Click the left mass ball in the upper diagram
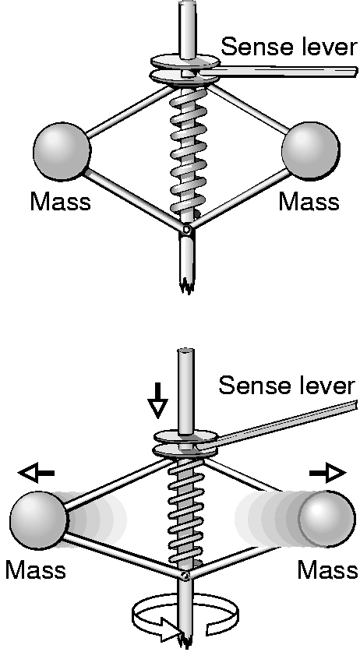coord(62,152)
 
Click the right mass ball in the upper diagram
coord(311,151)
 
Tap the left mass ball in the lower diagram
coord(38,520)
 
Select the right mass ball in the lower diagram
coord(327,519)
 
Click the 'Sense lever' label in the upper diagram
coord(289,46)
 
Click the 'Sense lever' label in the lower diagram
coord(287,385)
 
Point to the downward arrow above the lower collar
coord(157,400)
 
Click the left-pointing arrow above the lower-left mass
coord(36,474)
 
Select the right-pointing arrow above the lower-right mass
coord(327,474)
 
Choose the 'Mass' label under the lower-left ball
coord(36,570)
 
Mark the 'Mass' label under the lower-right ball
coord(327,570)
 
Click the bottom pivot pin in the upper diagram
coord(186,230)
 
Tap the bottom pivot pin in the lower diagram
coord(185,576)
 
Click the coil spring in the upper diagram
coord(188,153)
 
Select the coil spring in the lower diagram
coord(185,513)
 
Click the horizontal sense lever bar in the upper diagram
coord(277,72)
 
